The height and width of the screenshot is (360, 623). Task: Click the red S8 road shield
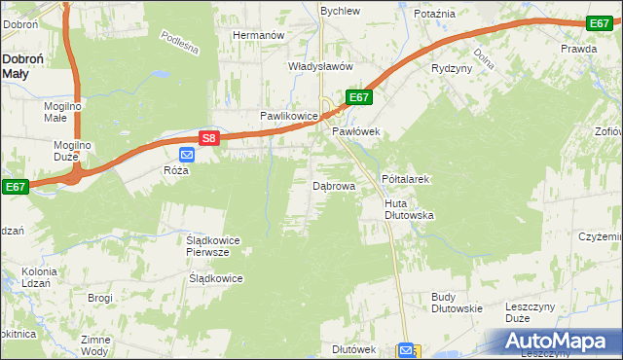(208, 139)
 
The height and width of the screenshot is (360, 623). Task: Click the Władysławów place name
(291, 67)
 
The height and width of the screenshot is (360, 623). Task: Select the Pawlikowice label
(288, 116)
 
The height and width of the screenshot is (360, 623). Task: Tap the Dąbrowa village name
(334, 185)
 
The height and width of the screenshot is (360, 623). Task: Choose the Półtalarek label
(406, 180)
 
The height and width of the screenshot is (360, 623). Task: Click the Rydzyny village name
(452, 68)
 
